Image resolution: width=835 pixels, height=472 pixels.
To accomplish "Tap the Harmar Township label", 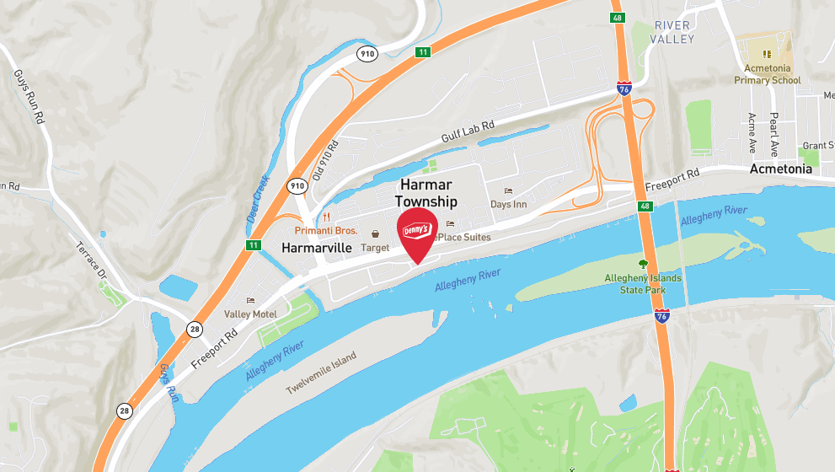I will (426, 193).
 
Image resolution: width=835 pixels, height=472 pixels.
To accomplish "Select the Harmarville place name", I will (316, 248).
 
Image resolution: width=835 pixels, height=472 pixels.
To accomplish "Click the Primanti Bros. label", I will (326, 231).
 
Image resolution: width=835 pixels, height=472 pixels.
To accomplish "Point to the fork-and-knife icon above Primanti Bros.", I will (327, 217).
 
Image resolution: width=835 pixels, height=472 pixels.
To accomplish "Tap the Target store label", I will (375, 248).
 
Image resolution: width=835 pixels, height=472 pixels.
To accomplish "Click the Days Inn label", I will (508, 205).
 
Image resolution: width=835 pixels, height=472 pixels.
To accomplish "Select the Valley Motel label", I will (250, 314).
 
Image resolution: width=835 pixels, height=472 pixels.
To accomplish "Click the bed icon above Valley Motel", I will (250, 300).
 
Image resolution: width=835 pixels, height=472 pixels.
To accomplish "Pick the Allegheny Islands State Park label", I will (642, 284).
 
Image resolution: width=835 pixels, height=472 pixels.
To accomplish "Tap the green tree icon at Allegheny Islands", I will (643, 264).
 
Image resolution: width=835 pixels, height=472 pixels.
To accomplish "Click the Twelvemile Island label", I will (321, 372).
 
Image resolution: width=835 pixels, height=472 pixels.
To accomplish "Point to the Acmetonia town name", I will (781, 169).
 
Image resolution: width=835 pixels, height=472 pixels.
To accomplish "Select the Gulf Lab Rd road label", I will (468, 133).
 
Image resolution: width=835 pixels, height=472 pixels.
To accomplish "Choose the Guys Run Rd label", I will (29, 97).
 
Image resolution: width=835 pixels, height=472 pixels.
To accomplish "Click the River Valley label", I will (673, 32).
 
